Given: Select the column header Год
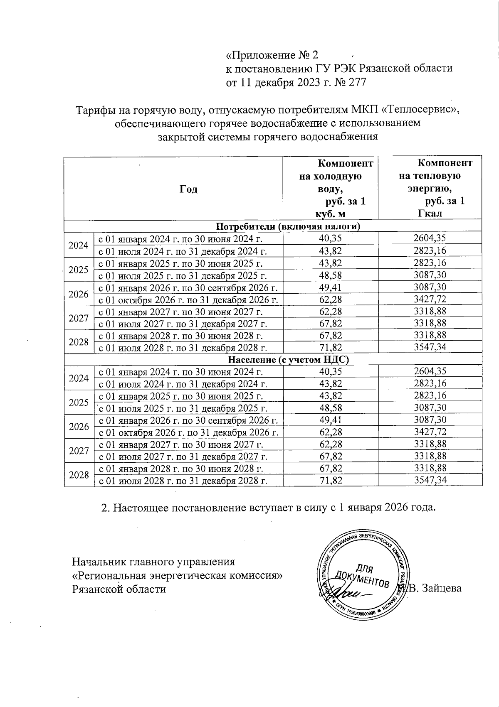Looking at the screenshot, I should point(188,189).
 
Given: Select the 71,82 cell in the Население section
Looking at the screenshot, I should point(331,481).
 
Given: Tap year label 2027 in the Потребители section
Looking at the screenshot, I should point(79,318).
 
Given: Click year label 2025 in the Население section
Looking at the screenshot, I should point(79,402).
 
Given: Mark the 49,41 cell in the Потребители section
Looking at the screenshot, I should point(331,287).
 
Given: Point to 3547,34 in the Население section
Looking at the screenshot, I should point(430,481).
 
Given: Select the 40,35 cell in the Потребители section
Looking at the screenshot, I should point(331,238).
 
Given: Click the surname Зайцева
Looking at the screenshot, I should point(441,588).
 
